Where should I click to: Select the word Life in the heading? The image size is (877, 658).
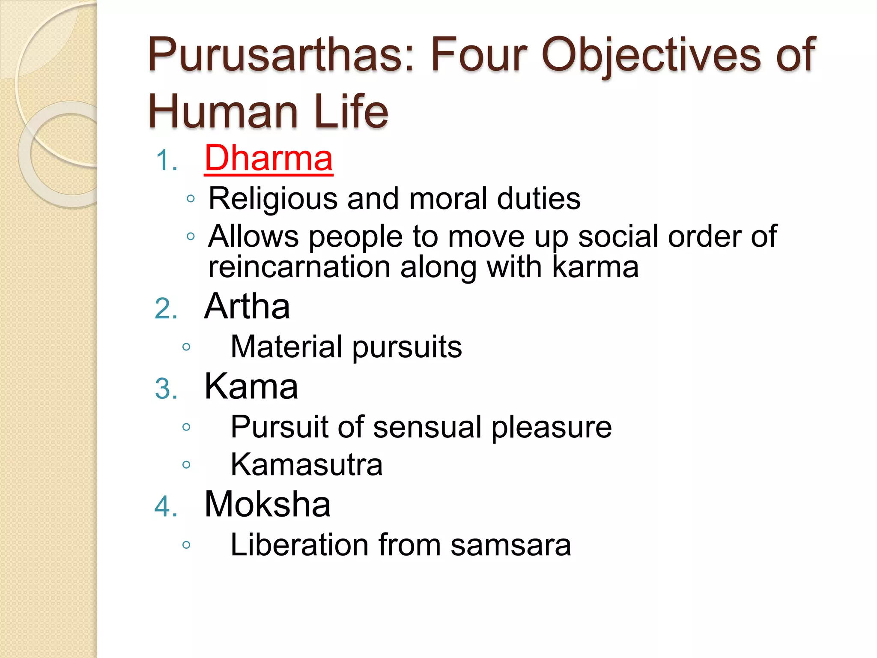351,111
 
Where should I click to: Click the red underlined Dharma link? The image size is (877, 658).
268,158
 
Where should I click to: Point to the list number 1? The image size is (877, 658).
166,161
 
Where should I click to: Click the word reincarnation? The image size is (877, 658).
299,267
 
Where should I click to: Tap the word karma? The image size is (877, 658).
595,267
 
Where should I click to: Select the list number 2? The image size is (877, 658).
166,309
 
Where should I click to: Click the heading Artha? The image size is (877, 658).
247,306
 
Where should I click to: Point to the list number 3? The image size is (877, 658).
166,389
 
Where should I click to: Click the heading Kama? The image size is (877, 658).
251,386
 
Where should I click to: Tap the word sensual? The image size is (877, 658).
427,427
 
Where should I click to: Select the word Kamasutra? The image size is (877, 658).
306,465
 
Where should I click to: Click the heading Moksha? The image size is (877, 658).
267,504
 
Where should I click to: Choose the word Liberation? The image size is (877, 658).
299,545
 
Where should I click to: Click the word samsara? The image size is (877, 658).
510,545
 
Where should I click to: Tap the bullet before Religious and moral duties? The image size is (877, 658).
191,199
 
